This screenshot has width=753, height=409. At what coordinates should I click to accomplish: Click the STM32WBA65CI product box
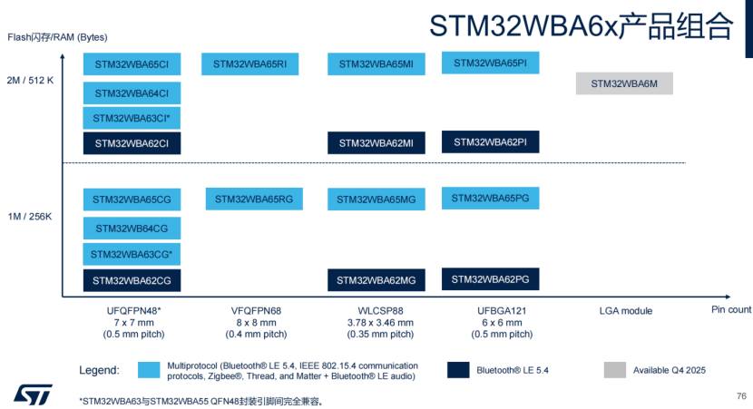point(132,63)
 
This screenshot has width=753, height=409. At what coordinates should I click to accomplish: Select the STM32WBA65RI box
point(249,63)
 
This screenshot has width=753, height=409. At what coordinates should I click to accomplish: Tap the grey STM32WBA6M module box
point(624,83)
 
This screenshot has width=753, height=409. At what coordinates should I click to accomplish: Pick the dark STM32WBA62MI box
point(376,143)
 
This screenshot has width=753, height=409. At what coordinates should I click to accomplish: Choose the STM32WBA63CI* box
point(132,118)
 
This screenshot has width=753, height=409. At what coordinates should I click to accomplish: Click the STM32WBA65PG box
point(490,199)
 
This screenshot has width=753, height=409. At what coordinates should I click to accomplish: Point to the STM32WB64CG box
point(132,229)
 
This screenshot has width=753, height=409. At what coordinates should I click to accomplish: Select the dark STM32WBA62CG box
point(132,280)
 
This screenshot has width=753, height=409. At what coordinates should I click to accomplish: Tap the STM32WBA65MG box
point(376,200)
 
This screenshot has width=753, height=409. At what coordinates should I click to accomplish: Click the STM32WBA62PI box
point(490,142)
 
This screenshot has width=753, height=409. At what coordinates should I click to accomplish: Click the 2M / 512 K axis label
point(30,80)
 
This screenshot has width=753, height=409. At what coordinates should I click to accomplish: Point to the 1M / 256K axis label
point(30,217)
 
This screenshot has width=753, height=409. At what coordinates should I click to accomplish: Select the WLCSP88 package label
point(380,311)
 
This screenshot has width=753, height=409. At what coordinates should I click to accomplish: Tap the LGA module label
point(626,311)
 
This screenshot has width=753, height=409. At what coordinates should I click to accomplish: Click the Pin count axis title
point(731,309)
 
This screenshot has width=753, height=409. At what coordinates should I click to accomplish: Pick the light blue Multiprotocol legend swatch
point(149,370)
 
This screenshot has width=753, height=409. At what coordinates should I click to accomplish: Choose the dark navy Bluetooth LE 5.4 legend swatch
point(458,370)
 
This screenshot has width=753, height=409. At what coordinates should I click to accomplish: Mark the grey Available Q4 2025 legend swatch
point(615,370)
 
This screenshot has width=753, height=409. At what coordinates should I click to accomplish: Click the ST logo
point(33,394)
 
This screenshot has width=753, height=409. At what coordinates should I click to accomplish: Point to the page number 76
point(741,396)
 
